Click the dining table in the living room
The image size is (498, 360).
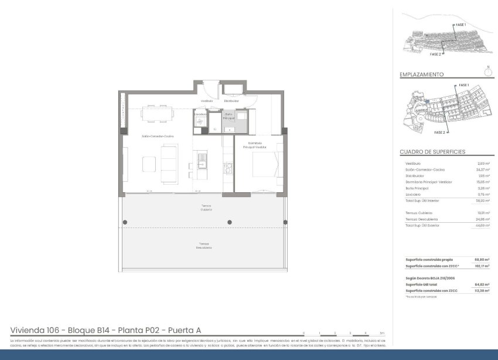[155, 113]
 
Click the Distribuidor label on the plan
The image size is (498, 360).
[231, 101]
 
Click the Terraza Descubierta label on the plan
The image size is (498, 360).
[203, 246]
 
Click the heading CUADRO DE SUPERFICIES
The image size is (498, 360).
[432, 152]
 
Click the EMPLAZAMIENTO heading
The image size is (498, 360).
[421, 75]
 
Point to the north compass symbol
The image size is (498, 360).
[487, 73]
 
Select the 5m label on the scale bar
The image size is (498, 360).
[381, 333]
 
